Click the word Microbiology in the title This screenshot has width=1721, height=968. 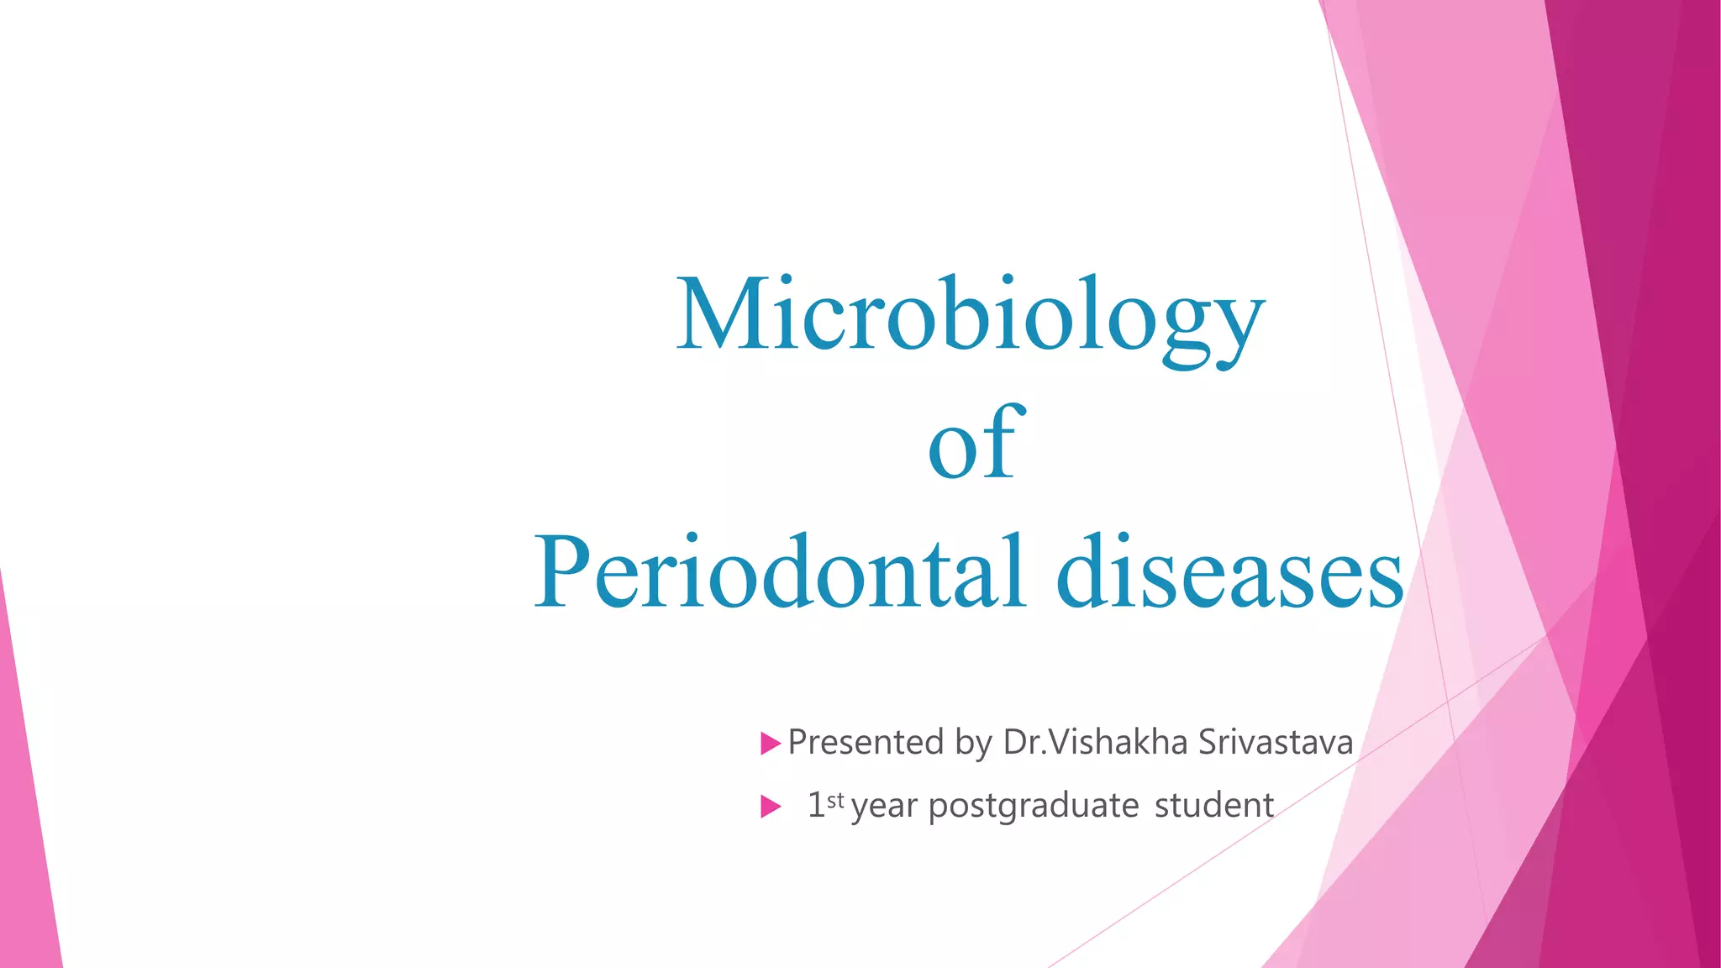pyautogui.click(x=971, y=315)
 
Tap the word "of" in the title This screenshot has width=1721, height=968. pyautogui.click(x=975, y=444)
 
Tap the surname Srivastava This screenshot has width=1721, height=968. pyautogui.click(x=1275, y=743)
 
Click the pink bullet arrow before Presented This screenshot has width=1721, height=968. pyautogui.click(x=770, y=744)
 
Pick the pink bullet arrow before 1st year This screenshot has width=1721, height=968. pyautogui.click(x=770, y=807)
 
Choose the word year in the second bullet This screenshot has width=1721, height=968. pyautogui.click(x=884, y=807)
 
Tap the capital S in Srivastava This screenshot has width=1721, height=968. pyautogui.click(x=1208, y=743)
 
